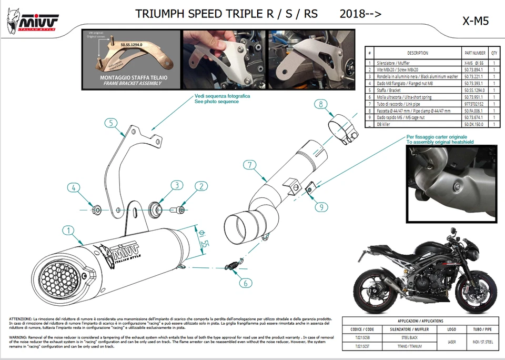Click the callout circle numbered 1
(x=67, y=230)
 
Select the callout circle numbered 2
(x=200, y=186)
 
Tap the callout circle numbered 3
(x=177, y=185)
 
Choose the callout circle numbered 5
(x=110, y=124)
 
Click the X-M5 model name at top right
(x=475, y=21)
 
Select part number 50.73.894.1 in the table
(x=474, y=69)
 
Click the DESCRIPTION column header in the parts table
(x=417, y=53)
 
